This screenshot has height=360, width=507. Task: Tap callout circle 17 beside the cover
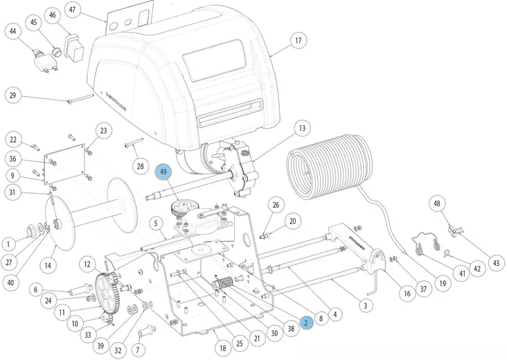pyautogui.click(x=298, y=41)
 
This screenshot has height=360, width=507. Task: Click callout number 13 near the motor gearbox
pyautogui.click(x=301, y=128)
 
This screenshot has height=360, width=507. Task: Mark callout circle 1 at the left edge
pyautogui.click(x=9, y=243)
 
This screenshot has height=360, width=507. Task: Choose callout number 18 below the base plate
pyautogui.click(x=222, y=348)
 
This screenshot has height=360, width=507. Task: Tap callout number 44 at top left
pyautogui.click(x=12, y=30)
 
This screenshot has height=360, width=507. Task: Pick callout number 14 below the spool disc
pyautogui.click(x=48, y=265)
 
